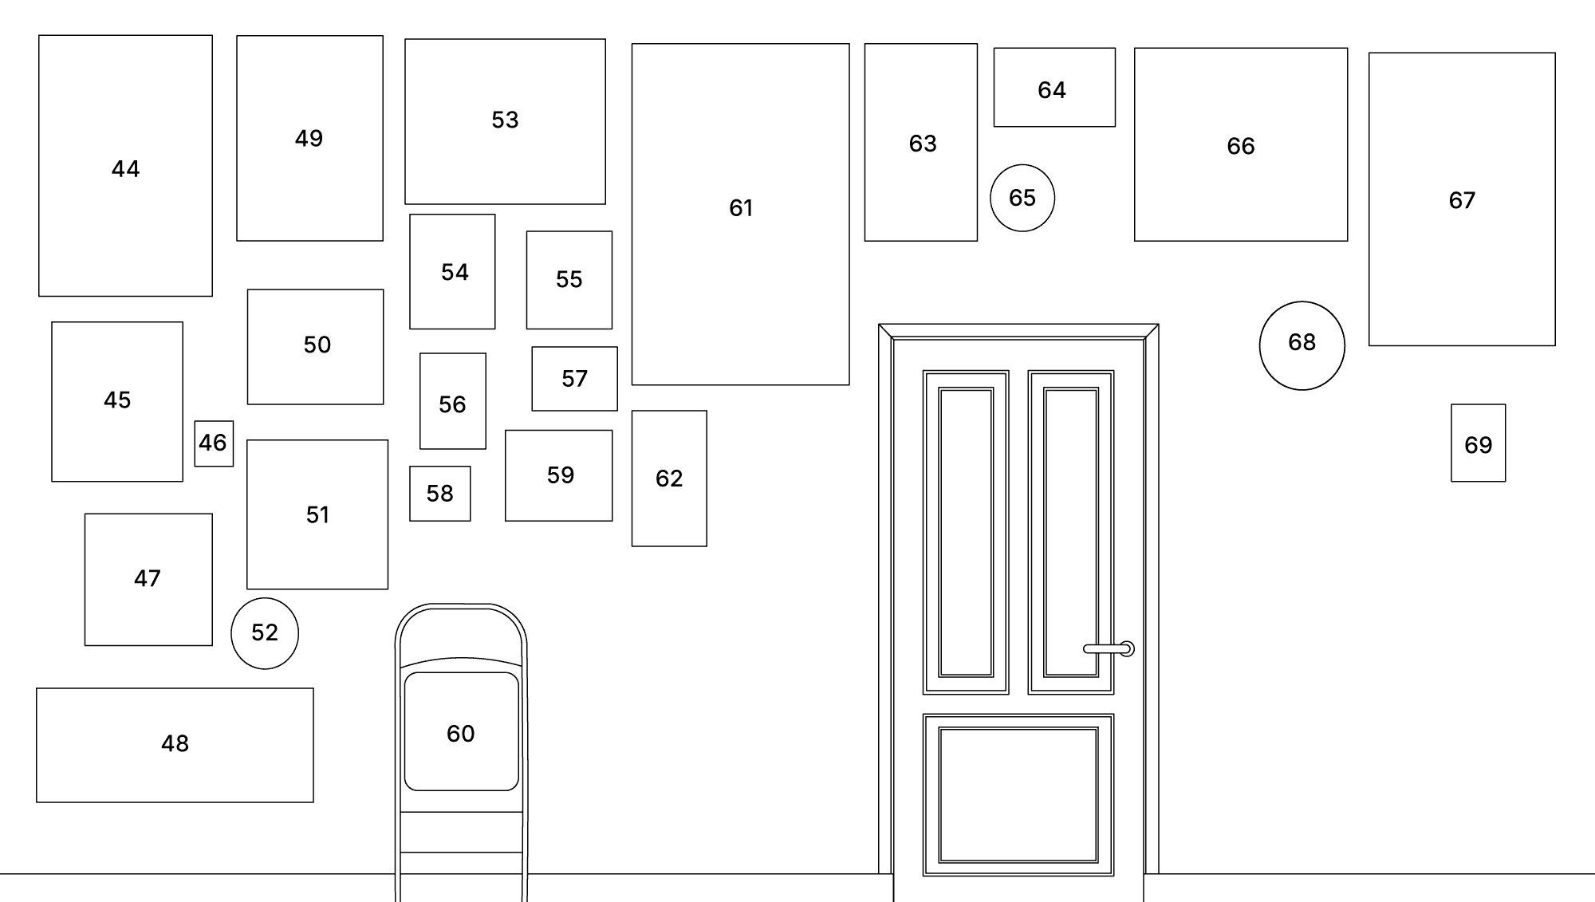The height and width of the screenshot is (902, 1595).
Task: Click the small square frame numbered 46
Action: (214, 443)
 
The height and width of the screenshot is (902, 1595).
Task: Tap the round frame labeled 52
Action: (265, 633)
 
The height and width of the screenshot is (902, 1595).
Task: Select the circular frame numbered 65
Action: (1022, 198)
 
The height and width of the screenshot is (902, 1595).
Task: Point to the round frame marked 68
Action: (1302, 345)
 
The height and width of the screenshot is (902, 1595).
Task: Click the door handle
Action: (1108, 648)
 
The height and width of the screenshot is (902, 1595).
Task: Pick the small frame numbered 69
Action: (1478, 443)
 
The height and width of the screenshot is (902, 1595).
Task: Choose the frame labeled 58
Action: (439, 494)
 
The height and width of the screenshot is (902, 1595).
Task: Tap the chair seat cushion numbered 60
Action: (461, 731)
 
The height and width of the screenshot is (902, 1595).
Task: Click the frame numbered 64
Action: (1053, 87)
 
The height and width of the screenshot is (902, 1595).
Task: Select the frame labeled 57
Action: (574, 379)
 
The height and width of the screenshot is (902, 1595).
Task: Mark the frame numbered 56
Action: (452, 401)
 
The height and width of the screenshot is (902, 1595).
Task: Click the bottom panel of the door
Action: (1018, 794)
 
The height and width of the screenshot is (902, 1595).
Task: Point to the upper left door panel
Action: (965, 532)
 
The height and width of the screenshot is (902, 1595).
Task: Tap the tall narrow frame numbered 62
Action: (668, 479)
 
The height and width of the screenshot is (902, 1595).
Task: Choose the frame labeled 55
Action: (569, 280)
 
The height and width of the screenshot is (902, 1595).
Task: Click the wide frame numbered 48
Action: (175, 745)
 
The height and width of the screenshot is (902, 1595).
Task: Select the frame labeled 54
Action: (452, 271)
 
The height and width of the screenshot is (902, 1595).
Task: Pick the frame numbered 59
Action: (558, 475)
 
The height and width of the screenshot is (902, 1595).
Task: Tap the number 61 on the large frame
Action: (741, 208)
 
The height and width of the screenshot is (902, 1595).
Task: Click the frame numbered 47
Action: (148, 579)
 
